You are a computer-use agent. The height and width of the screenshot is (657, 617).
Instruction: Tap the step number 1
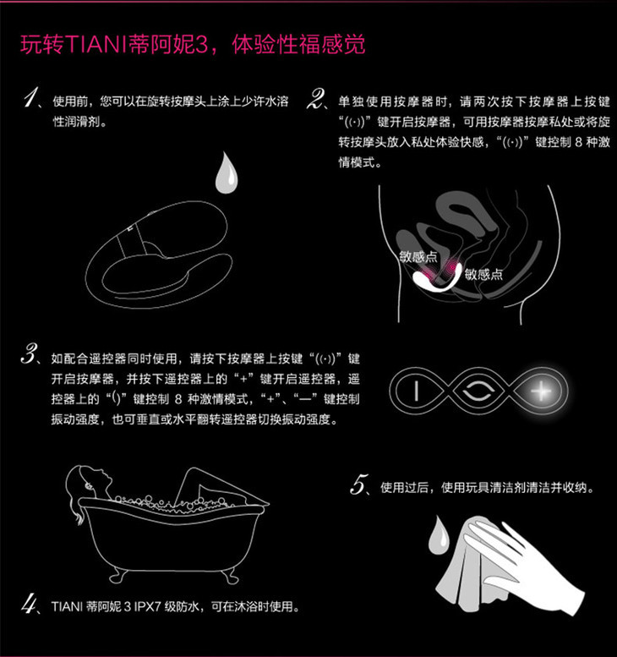click(31, 97)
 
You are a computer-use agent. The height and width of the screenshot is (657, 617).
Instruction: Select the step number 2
click(315, 99)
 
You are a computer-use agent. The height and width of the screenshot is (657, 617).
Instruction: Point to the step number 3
click(30, 353)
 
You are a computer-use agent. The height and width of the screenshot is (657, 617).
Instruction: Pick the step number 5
click(359, 485)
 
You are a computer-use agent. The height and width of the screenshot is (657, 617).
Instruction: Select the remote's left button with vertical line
click(417, 391)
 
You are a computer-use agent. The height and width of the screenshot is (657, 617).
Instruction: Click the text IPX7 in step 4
click(147, 606)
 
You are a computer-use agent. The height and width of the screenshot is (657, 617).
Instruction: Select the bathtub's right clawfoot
click(230, 577)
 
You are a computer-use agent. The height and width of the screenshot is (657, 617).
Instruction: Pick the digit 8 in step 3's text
click(178, 399)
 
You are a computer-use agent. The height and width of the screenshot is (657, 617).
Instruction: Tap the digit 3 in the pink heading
click(201, 45)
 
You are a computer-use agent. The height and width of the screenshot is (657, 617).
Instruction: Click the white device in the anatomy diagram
click(436, 279)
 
